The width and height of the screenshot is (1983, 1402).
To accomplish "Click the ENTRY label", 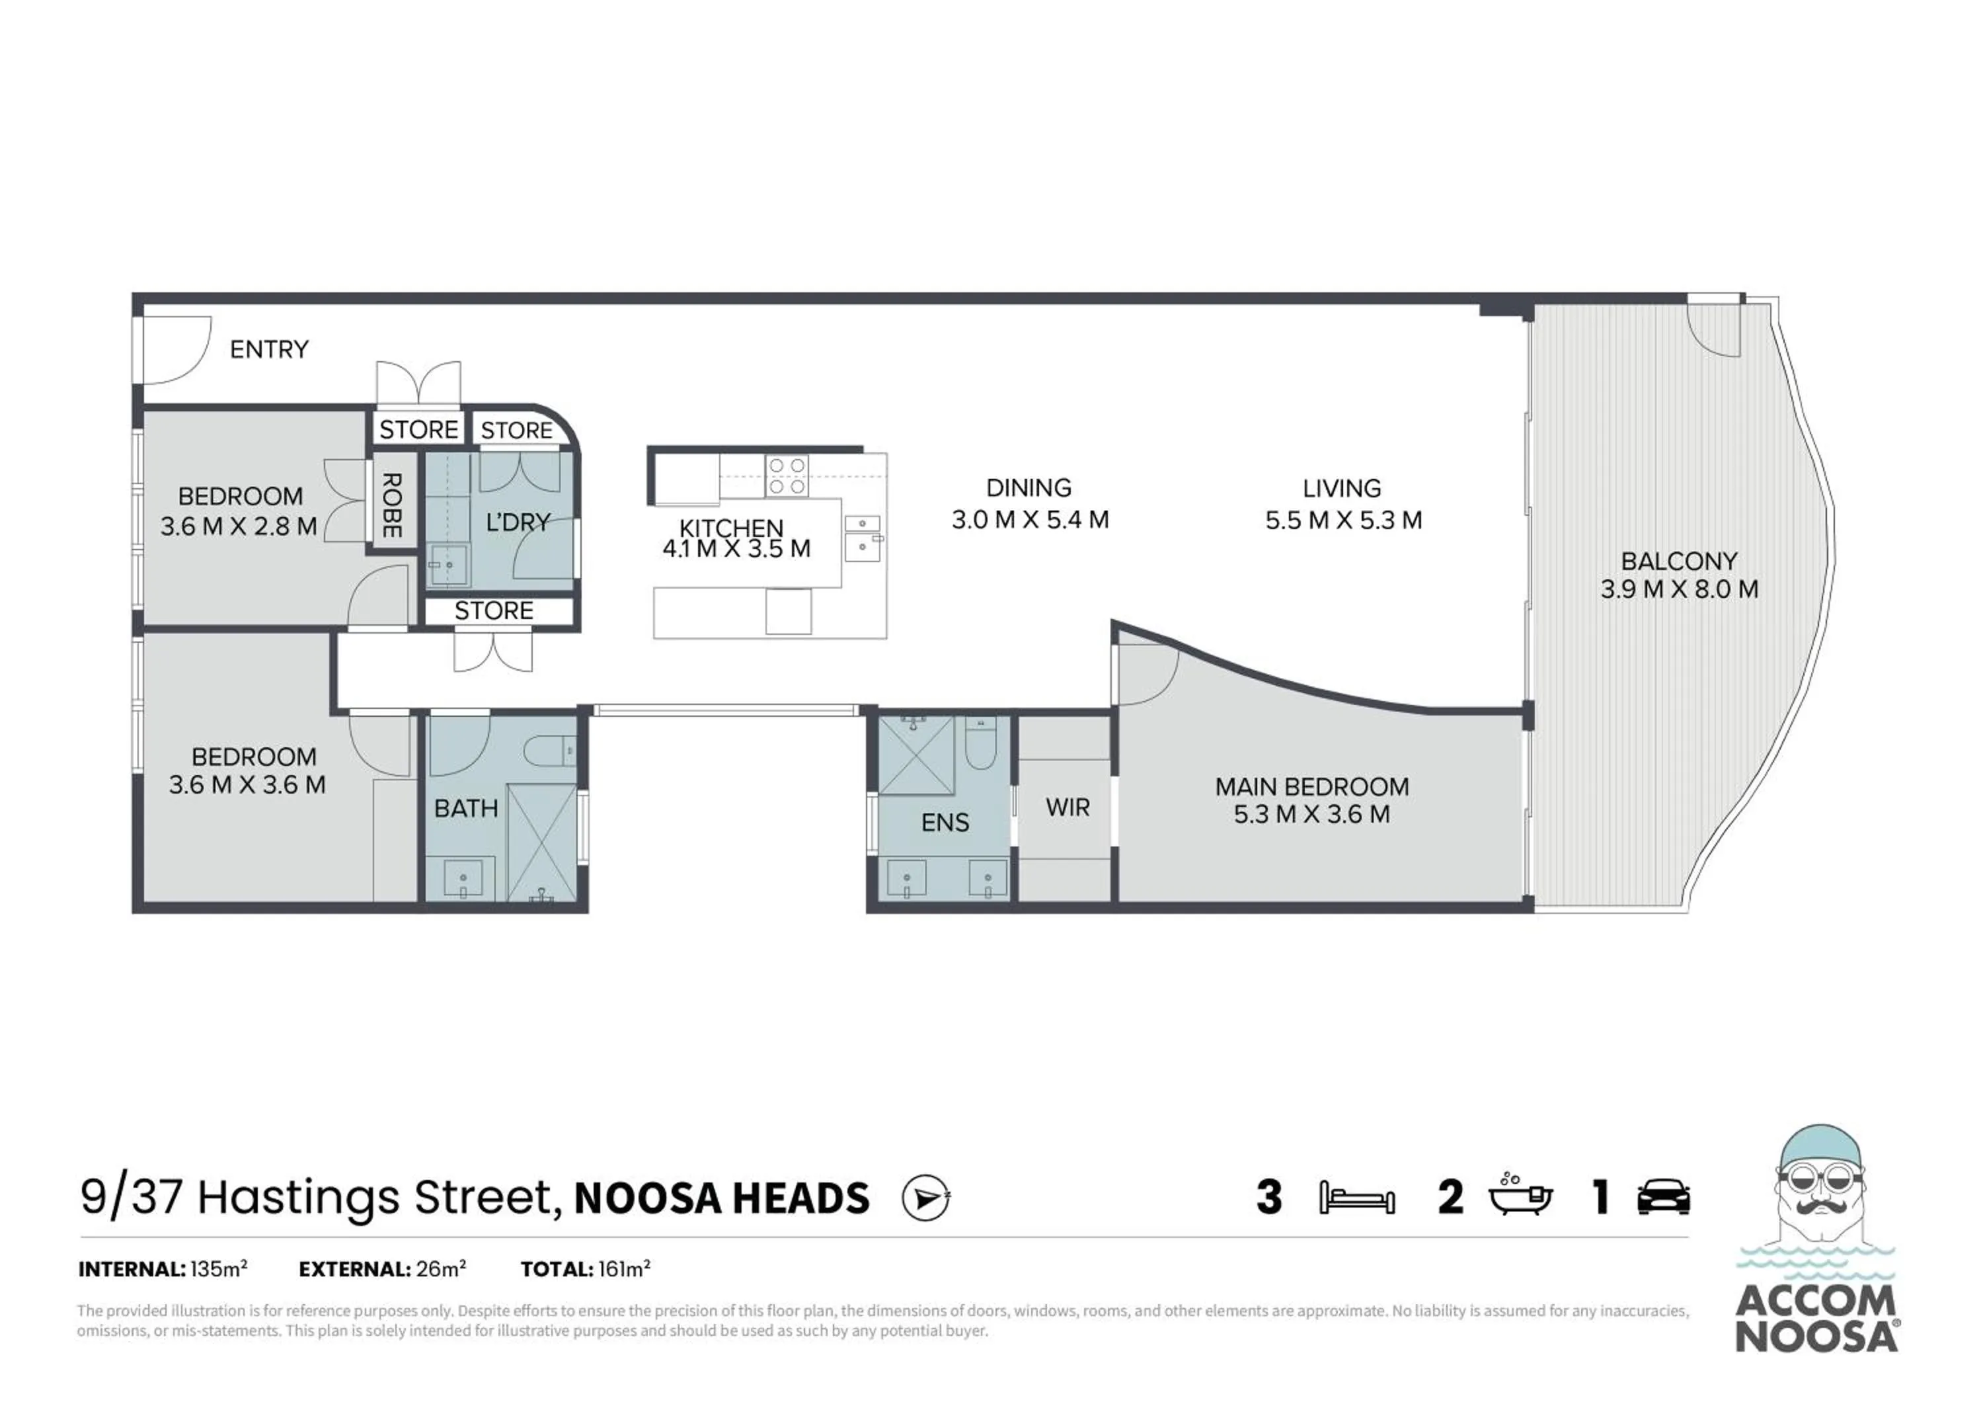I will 268,349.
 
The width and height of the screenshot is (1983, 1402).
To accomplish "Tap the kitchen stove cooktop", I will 787,476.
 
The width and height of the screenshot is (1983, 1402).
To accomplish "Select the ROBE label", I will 391,505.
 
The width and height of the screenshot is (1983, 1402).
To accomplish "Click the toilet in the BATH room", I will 549,750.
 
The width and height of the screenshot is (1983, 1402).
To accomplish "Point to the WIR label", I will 1068,807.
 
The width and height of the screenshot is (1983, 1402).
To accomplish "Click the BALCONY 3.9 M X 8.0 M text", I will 1678,575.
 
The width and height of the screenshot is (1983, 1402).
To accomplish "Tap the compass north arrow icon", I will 925,1198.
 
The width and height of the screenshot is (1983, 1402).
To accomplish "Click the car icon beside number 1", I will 1664,1197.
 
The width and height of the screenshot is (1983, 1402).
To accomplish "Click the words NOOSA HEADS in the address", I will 721,1198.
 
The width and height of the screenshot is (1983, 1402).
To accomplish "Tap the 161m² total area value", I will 623,1269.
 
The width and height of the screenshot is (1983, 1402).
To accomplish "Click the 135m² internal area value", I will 219,1269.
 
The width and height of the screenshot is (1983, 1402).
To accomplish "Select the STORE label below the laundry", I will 493,610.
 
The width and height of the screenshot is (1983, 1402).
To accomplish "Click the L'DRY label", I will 518,522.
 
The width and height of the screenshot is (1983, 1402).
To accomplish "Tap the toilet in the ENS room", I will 980,744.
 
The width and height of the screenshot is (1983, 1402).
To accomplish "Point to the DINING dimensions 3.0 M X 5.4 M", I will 1029,520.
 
